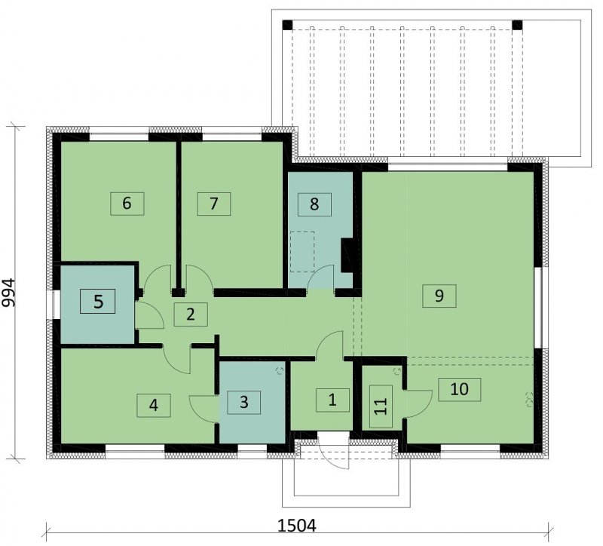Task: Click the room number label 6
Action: pyautogui.click(x=127, y=204)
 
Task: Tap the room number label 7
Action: pyautogui.click(x=214, y=204)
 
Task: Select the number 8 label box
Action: pyautogui.click(x=314, y=204)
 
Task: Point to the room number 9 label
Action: pyautogui.click(x=439, y=296)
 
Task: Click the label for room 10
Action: pyautogui.click(x=459, y=389)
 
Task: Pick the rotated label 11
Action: pyautogui.click(x=381, y=406)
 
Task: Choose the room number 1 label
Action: pyautogui.click(x=332, y=400)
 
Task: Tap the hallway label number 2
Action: pyautogui.click(x=191, y=314)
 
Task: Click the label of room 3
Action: pyautogui.click(x=243, y=403)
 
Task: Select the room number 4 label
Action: pyautogui.click(x=154, y=405)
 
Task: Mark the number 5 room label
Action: pyautogui.click(x=98, y=302)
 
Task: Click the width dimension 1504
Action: pyautogui.click(x=297, y=525)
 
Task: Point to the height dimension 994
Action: pyautogui.click(x=8, y=293)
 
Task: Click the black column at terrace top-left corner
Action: pyautogui.click(x=287, y=25)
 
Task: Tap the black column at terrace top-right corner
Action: pyautogui.click(x=518, y=25)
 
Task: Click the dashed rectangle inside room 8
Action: pyautogui.click(x=302, y=252)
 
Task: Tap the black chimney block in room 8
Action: pyautogui.click(x=347, y=255)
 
